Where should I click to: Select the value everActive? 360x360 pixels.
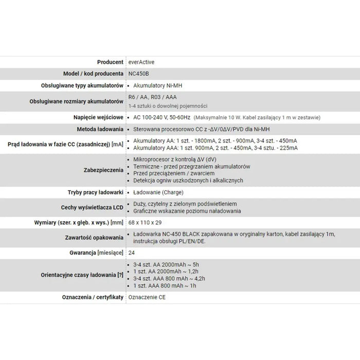[x=143, y=62]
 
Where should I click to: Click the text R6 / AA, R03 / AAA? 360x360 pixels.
[x=153, y=98]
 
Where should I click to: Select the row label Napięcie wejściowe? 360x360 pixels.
[x=97, y=118]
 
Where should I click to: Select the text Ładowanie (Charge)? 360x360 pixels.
[x=157, y=192]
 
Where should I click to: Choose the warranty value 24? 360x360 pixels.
[x=131, y=253]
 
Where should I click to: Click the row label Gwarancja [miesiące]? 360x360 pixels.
[x=96, y=253]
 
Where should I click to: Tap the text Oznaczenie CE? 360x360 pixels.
[x=148, y=297]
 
